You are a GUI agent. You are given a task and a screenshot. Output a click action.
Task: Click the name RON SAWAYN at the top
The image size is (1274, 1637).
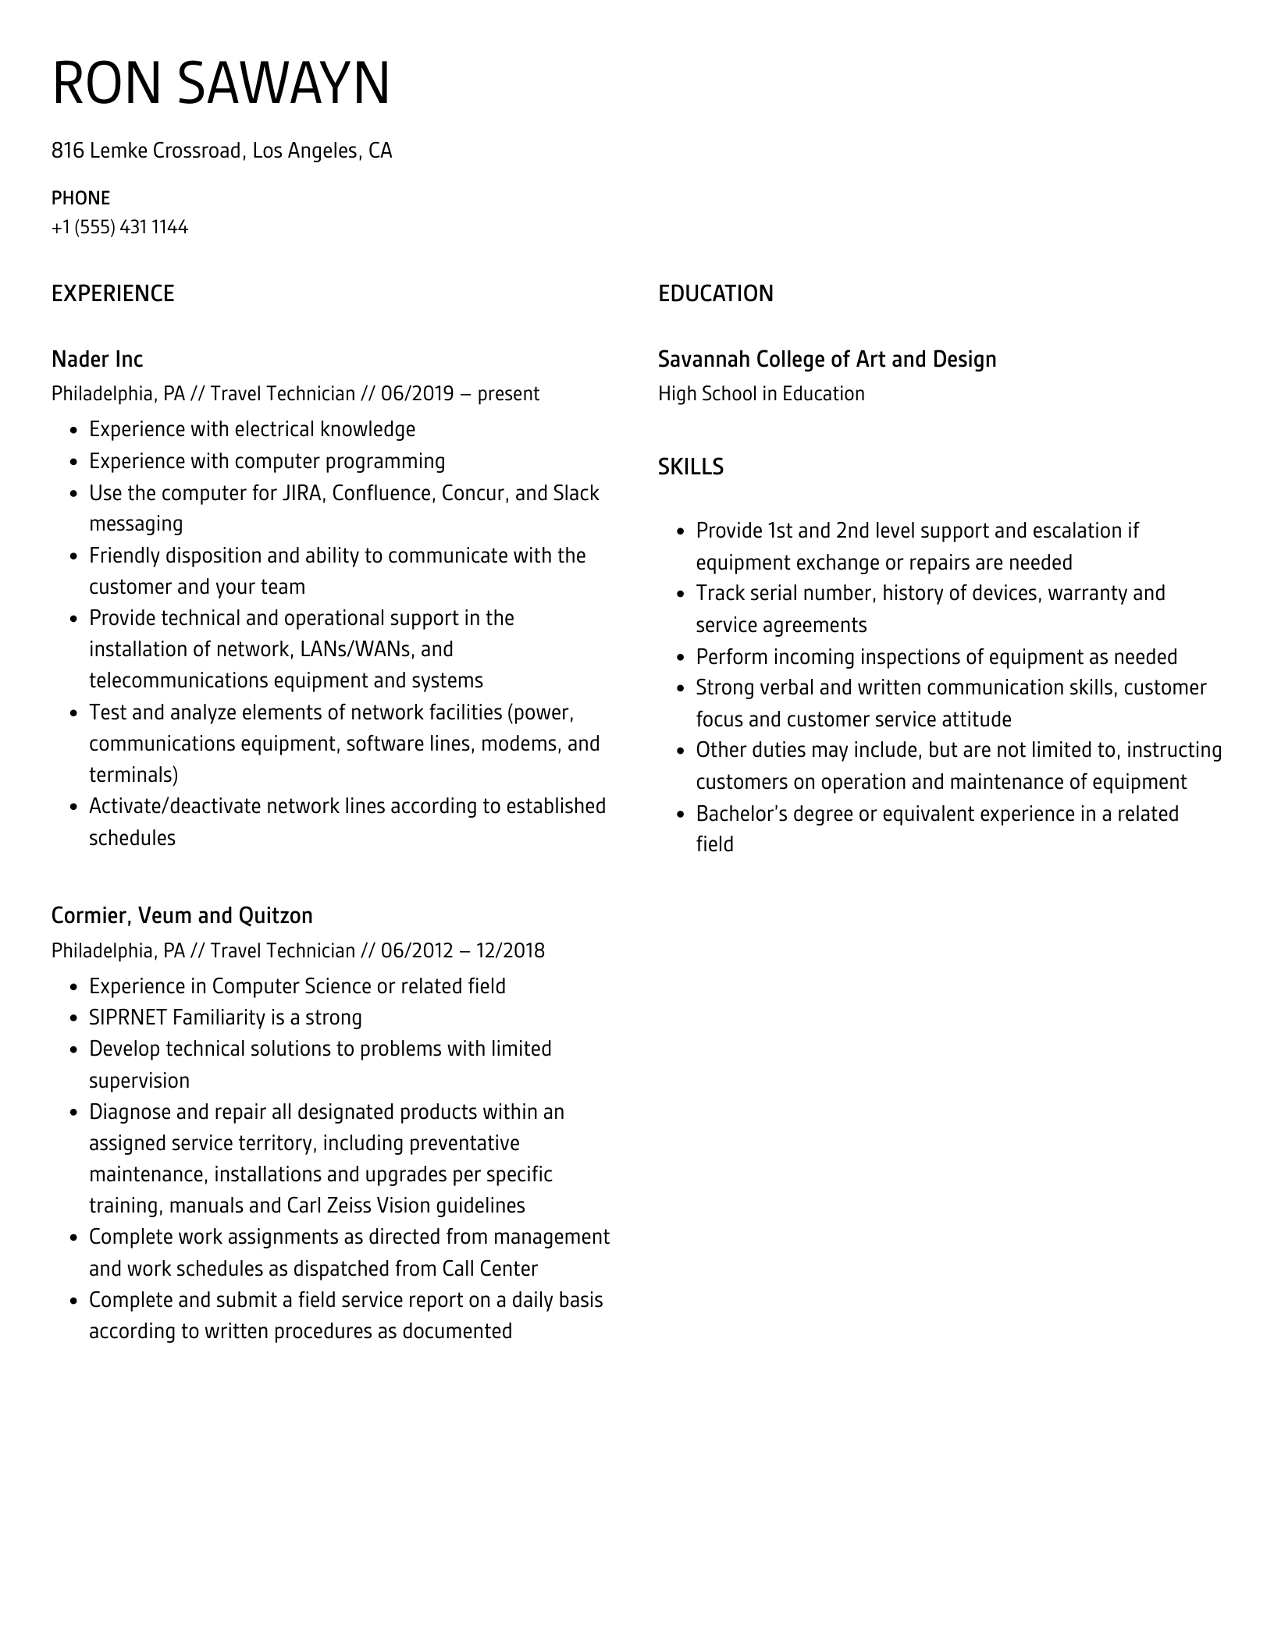point(221,83)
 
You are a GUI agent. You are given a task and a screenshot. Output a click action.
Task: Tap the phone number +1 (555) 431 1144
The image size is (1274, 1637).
point(119,227)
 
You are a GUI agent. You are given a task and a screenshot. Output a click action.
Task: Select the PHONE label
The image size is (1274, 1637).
point(80,198)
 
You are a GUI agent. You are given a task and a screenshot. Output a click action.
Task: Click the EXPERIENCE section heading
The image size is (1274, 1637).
point(112,293)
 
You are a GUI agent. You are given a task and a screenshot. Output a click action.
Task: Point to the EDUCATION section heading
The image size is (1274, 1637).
point(715,293)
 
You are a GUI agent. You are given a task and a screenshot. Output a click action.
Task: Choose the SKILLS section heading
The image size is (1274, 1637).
point(690,467)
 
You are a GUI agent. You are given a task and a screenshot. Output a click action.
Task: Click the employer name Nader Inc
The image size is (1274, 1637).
point(97,359)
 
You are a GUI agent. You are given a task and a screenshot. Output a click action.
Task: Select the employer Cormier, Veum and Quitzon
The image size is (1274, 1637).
point(182,915)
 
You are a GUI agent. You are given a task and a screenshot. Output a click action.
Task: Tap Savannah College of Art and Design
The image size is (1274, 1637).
point(827,359)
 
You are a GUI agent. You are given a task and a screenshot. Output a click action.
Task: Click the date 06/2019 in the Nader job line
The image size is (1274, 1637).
point(417,393)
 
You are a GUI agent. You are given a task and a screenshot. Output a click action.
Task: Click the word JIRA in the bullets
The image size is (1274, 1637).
point(301,493)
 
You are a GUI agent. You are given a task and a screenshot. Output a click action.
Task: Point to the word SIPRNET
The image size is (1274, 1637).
point(128,1017)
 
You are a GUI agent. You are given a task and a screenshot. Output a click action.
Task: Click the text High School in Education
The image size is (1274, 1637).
point(761,393)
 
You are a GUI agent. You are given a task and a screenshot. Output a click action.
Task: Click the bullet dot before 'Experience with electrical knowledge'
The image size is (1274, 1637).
point(74,431)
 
